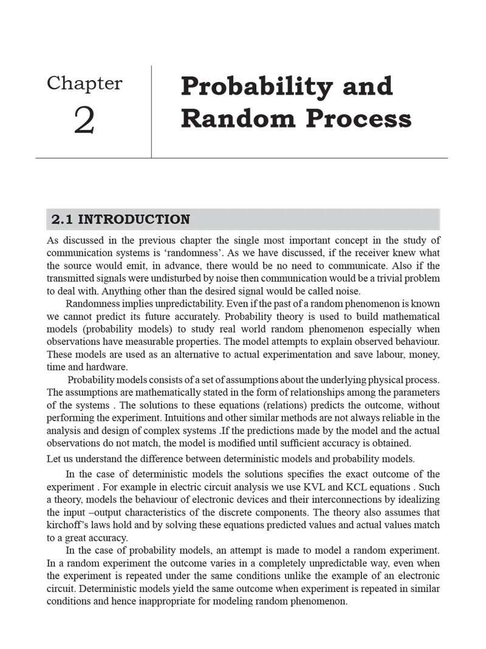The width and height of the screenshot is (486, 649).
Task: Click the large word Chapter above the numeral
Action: point(84,83)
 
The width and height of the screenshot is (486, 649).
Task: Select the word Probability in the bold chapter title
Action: point(255,86)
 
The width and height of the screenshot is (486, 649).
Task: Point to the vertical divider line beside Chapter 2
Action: point(151,112)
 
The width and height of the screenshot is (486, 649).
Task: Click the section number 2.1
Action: point(63,219)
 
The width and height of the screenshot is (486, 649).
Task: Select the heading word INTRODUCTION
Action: point(135,219)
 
